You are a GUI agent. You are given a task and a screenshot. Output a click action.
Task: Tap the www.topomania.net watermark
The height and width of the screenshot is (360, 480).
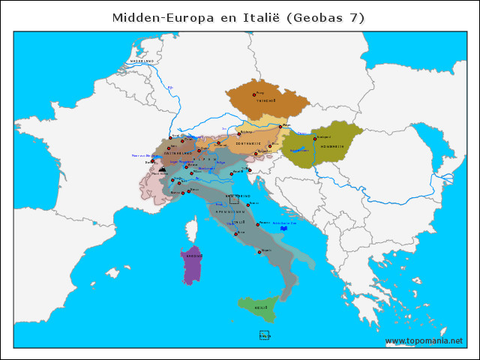coord(424,340)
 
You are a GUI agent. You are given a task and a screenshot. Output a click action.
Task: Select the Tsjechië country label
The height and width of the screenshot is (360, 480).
coord(266,100)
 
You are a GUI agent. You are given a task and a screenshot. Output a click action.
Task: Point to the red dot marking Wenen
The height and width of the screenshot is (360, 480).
coord(280,127)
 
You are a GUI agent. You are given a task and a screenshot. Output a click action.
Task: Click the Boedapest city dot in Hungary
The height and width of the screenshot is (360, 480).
coord(315,139)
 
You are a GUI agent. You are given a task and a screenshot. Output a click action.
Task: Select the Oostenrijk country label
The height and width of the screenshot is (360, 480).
coord(248,142)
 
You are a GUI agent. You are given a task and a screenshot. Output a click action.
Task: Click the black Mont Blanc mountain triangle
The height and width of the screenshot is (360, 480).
coord(162,170)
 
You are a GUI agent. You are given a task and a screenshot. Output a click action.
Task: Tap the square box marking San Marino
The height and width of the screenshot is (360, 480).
coord(234,199)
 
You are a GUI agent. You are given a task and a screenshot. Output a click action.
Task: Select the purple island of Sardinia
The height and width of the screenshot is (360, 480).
coord(193,263)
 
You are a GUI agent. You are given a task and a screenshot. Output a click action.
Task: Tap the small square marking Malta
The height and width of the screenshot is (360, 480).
coord(264,334)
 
